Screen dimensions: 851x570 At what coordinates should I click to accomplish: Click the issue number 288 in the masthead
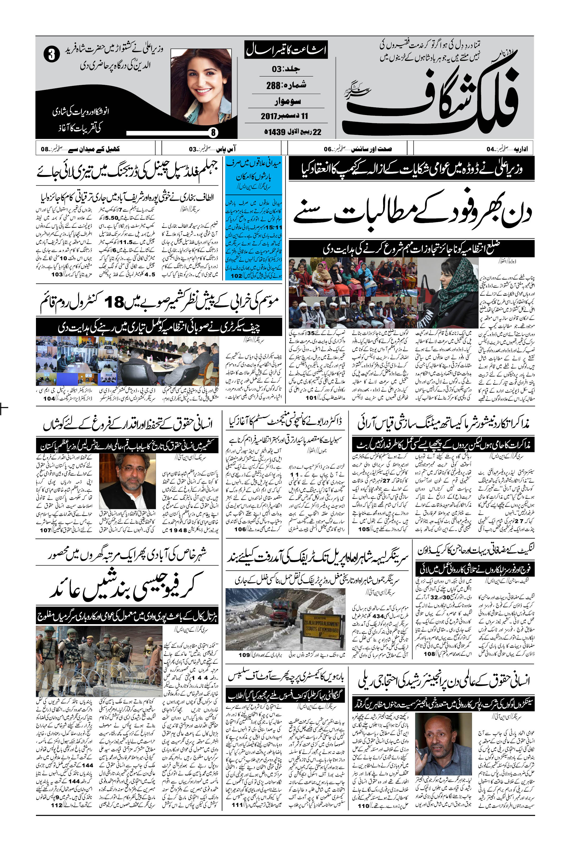coord(273,85)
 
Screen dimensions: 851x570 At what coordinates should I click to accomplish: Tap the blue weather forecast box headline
coord(254,171)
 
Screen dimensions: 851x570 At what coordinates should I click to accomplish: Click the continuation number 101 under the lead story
coord(311,398)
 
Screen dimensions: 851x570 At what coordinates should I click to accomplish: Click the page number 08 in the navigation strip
coord(45,149)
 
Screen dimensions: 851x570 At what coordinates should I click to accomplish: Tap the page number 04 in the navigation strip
coord(491,149)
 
